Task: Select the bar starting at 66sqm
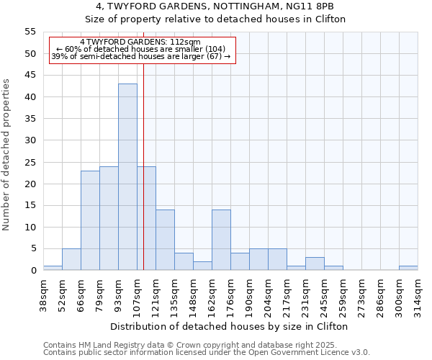pos(90,220)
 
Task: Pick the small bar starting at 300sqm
pos(408,268)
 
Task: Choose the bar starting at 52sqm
pos(71,259)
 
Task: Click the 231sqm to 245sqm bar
pos(315,264)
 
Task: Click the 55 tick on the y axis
pos(30,32)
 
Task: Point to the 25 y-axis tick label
pos(30,162)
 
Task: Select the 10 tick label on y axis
pos(30,228)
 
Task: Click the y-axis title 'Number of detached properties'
pos(7,154)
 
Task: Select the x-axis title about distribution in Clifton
pos(230,326)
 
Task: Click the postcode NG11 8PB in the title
pos(318,7)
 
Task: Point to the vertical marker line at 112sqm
pos(143,180)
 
